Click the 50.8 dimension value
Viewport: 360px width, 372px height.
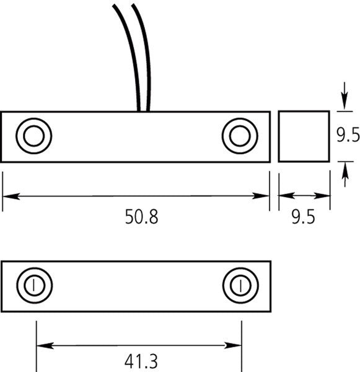click(141, 216)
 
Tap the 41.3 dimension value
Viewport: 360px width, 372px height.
click(141, 361)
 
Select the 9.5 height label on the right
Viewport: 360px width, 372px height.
click(348, 135)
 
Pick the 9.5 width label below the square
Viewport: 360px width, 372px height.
click(304, 217)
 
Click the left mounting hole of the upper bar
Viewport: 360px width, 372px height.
click(34, 136)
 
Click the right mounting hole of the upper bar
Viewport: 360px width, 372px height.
click(240, 136)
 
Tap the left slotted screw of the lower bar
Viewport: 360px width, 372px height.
click(34, 285)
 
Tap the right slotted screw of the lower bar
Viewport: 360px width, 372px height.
click(240, 285)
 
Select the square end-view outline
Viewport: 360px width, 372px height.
click(278, 136)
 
